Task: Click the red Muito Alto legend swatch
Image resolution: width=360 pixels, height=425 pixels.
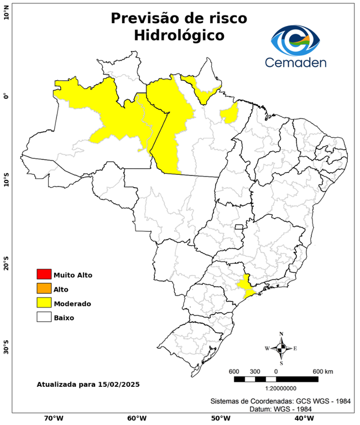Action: click(44, 274)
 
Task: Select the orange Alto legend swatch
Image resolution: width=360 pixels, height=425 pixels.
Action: click(44, 288)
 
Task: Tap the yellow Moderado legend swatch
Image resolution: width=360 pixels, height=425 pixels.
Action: click(44, 303)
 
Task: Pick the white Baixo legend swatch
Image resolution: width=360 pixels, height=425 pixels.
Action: click(44, 317)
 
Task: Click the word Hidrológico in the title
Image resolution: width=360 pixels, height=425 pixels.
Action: click(179, 36)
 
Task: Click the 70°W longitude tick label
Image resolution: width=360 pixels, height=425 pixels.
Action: click(53, 418)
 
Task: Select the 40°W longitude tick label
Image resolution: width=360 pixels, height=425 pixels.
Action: click(303, 418)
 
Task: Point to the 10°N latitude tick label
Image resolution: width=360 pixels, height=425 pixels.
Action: click(6, 12)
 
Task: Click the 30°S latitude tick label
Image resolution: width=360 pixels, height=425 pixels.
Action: click(6, 350)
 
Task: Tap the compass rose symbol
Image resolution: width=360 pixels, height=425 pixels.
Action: click(281, 348)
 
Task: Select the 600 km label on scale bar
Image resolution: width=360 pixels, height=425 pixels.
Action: click(323, 371)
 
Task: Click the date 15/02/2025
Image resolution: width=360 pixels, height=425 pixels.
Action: click(118, 384)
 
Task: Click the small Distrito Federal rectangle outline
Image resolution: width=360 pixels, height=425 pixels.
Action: click(239, 227)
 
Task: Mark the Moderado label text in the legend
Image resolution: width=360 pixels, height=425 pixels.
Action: click(72, 303)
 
